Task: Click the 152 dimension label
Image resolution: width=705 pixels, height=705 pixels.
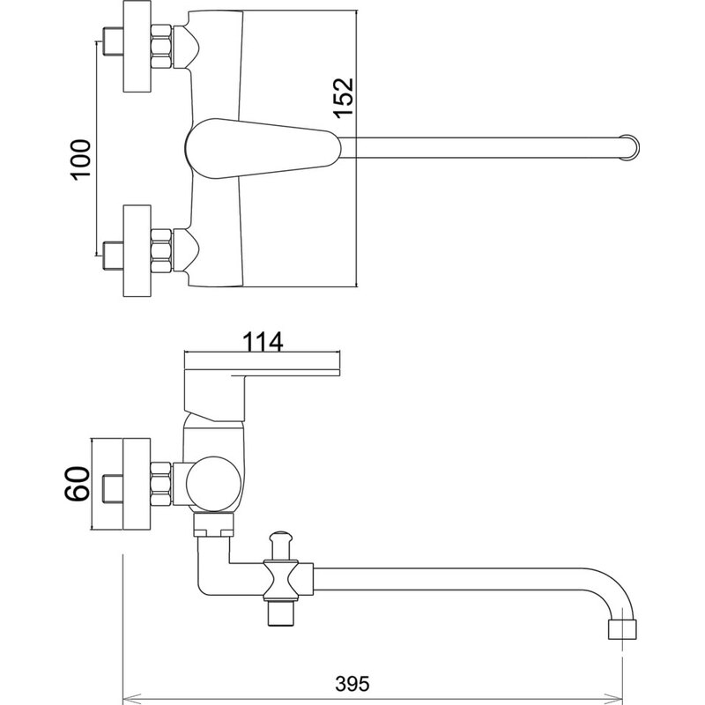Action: (344, 98)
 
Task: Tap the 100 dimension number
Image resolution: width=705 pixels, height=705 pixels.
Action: (81, 160)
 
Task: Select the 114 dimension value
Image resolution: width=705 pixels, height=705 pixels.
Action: (263, 342)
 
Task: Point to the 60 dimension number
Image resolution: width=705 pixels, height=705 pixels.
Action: (78, 484)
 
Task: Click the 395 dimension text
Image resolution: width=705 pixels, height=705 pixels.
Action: (352, 684)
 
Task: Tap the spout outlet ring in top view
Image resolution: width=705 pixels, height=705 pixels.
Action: (629, 146)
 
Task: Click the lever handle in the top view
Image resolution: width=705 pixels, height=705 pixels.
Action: (263, 148)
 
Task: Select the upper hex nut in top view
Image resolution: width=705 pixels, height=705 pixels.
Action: (161, 47)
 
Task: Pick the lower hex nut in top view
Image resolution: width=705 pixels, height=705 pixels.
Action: (161, 251)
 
